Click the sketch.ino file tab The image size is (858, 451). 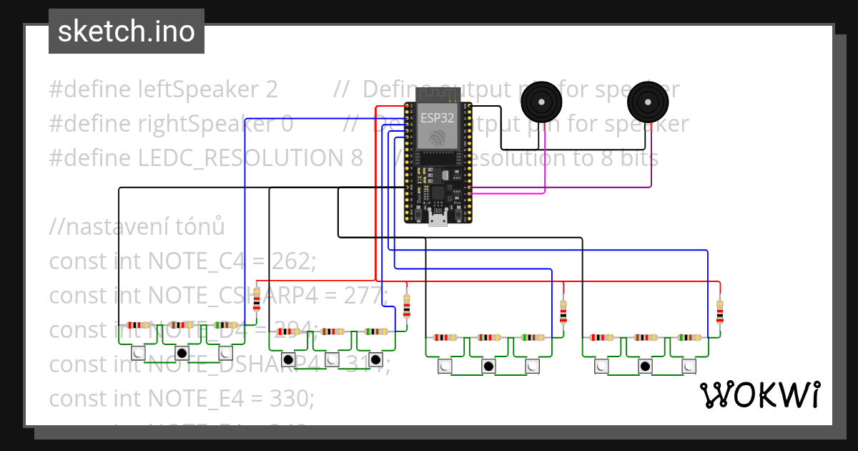[x=127, y=31]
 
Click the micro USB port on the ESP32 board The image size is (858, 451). [x=438, y=219]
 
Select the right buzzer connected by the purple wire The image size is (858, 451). [x=647, y=102]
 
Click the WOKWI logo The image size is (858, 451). [x=759, y=394]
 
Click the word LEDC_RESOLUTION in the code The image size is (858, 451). [x=250, y=158]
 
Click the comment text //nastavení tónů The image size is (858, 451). [x=137, y=227]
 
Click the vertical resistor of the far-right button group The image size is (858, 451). [x=719, y=312]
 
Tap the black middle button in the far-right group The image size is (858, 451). [x=645, y=367]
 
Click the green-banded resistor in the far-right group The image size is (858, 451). [x=689, y=337]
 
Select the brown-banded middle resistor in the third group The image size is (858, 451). [x=489, y=337]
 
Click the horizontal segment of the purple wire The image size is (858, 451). [x=558, y=188]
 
